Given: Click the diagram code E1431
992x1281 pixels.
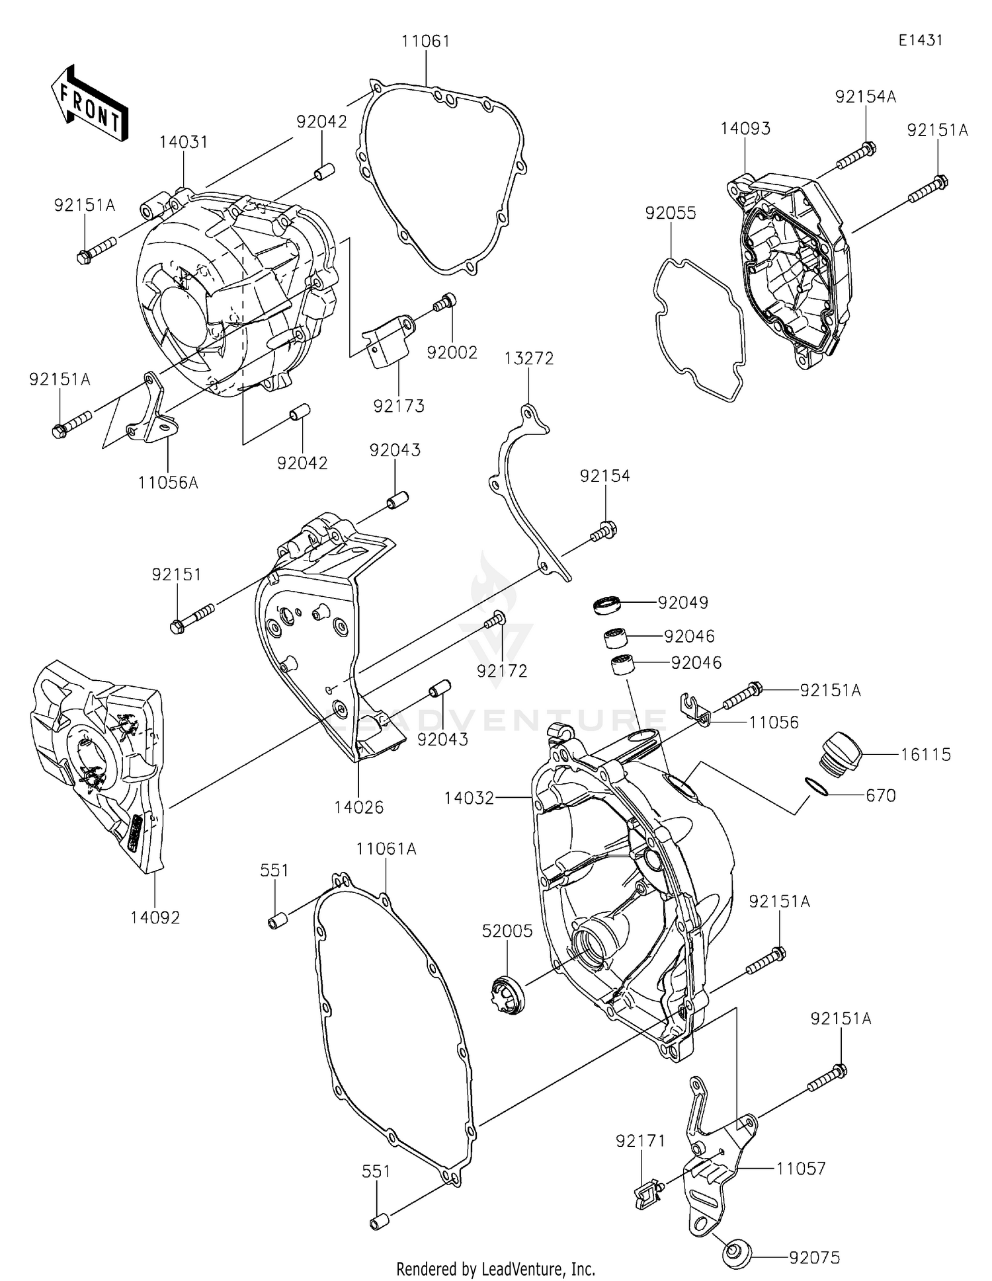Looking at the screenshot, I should point(920,40).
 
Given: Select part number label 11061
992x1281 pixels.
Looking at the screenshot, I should point(425,42).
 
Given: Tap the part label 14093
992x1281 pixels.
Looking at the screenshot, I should point(745,128).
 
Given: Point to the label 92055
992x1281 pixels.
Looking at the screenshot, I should point(671,213).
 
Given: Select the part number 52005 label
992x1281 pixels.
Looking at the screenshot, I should point(507,931).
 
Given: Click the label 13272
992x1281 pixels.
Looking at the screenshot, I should point(528,358).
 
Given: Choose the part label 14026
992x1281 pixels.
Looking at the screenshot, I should point(358,807).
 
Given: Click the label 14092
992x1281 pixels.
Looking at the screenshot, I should point(155,917).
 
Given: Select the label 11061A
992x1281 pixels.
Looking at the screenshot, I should point(386,849).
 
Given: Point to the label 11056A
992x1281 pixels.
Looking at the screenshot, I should point(168,483).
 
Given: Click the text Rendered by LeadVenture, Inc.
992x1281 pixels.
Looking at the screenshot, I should point(495,1268).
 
